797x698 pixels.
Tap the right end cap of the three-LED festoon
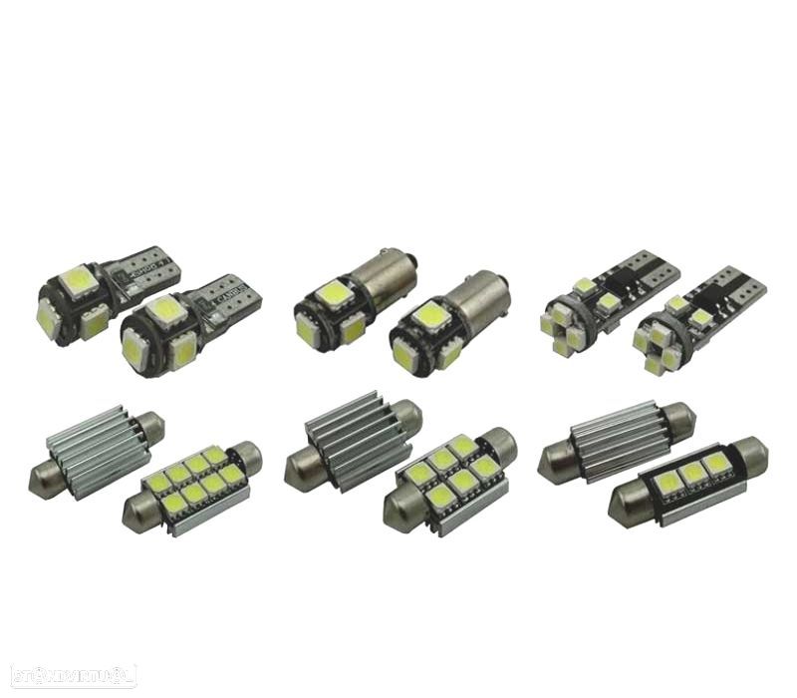tap(751, 455)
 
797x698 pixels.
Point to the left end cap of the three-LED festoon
tap(627, 509)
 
